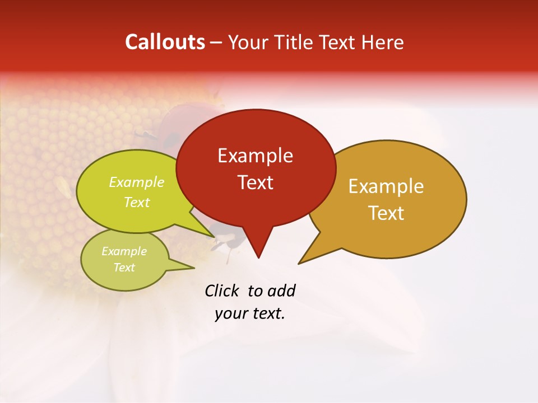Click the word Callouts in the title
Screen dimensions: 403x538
(x=165, y=42)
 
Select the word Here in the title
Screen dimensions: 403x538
(x=383, y=42)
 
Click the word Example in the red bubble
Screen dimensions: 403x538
(x=255, y=156)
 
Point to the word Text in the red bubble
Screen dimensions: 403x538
(x=255, y=182)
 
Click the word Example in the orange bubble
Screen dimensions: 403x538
(x=386, y=186)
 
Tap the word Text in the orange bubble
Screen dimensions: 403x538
(x=386, y=213)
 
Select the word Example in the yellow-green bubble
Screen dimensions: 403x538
(x=137, y=182)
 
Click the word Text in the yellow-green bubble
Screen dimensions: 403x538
(x=137, y=202)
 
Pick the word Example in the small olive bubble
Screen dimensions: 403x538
(x=124, y=251)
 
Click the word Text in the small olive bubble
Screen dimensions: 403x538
(x=124, y=268)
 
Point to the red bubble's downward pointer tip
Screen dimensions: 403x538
(x=258, y=257)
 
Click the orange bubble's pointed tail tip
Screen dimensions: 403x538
(x=298, y=264)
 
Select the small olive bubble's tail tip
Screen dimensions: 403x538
(x=194, y=268)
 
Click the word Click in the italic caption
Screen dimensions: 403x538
(x=222, y=290)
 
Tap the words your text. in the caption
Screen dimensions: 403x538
(x=250, y=313)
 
